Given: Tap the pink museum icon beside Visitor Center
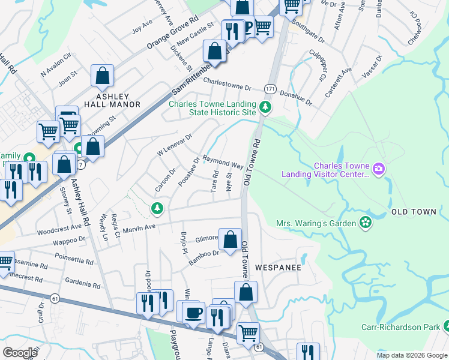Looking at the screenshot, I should (x=378, y=170).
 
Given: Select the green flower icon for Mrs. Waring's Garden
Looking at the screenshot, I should (x=364, y=223).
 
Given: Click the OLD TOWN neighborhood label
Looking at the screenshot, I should (x=411, y=212).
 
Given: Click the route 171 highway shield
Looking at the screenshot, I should (x=271, y=88).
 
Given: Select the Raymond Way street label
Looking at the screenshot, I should (x=223, y=162).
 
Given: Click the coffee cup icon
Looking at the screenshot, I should (x=193, y=313).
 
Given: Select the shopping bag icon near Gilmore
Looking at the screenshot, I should (x=230, y=239).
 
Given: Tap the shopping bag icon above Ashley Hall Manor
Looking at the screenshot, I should (x=103, y=76).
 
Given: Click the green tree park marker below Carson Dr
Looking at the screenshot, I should (x=157, y=208).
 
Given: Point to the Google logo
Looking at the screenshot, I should (x=20, y=353).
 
